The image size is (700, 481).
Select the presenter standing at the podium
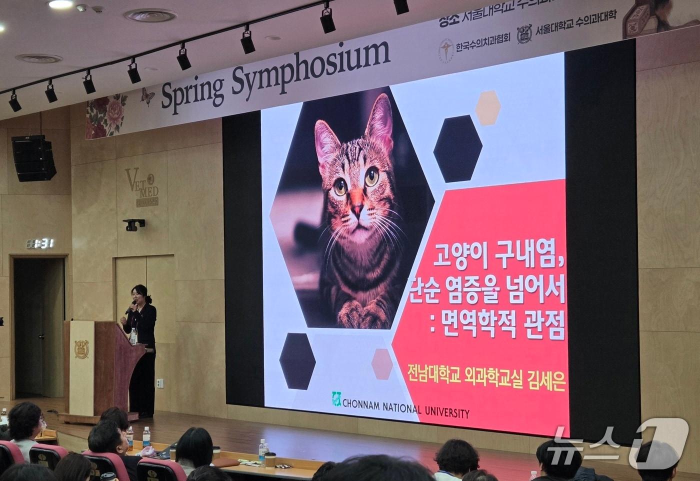[x=142, y=345]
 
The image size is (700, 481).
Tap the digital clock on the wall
[x=40, y=243]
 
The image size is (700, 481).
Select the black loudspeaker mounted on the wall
[x=33, y=158]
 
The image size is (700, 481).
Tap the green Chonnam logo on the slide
[x=336, y=398]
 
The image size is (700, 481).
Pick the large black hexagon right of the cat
[x=457, y=148]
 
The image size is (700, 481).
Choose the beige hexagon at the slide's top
[x=487, y=107]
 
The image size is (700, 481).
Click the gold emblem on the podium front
[x=81, y=348]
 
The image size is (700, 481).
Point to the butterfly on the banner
[x=147, y=96]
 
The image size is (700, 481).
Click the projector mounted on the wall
[x=134, y=224]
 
